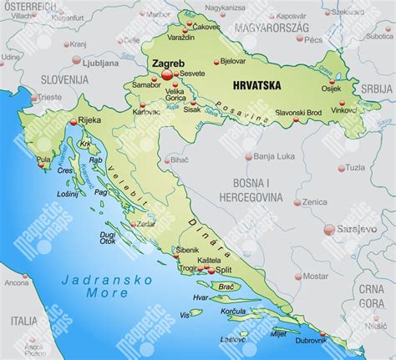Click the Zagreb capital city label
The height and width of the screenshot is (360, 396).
pos(169,63)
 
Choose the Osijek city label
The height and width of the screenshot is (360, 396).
pos(332,89)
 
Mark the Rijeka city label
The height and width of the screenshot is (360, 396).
pos(89,120)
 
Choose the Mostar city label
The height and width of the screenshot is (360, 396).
pos(315,275)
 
